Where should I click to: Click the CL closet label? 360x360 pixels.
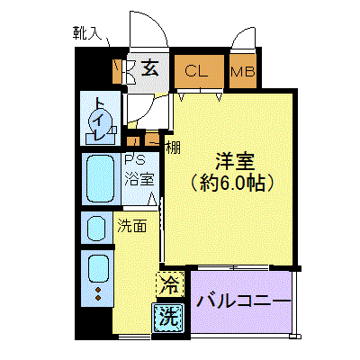tap(196, 71)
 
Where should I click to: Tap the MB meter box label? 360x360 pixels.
tap(243, 72)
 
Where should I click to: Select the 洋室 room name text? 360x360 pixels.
tap(236, 161)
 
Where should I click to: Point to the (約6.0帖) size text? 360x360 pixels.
tap(232, 183)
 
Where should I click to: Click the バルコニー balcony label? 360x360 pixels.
tap(244, 301)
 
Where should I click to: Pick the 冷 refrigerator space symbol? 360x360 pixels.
tap(170, 284)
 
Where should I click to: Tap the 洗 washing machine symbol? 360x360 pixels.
tap(168, 318)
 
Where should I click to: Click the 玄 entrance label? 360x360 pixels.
tap(149, 68)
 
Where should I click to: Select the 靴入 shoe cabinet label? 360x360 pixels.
tap(83, 33)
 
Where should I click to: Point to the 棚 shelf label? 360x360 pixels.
tap(174, 148)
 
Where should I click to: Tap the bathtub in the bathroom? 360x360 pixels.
tap(100, 179)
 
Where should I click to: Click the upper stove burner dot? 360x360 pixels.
tap(98, 290)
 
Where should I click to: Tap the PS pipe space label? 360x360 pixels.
tap(135, 160)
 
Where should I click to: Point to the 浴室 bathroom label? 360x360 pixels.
tap(139, 178)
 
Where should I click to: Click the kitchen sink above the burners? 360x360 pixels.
tap(98, 268)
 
